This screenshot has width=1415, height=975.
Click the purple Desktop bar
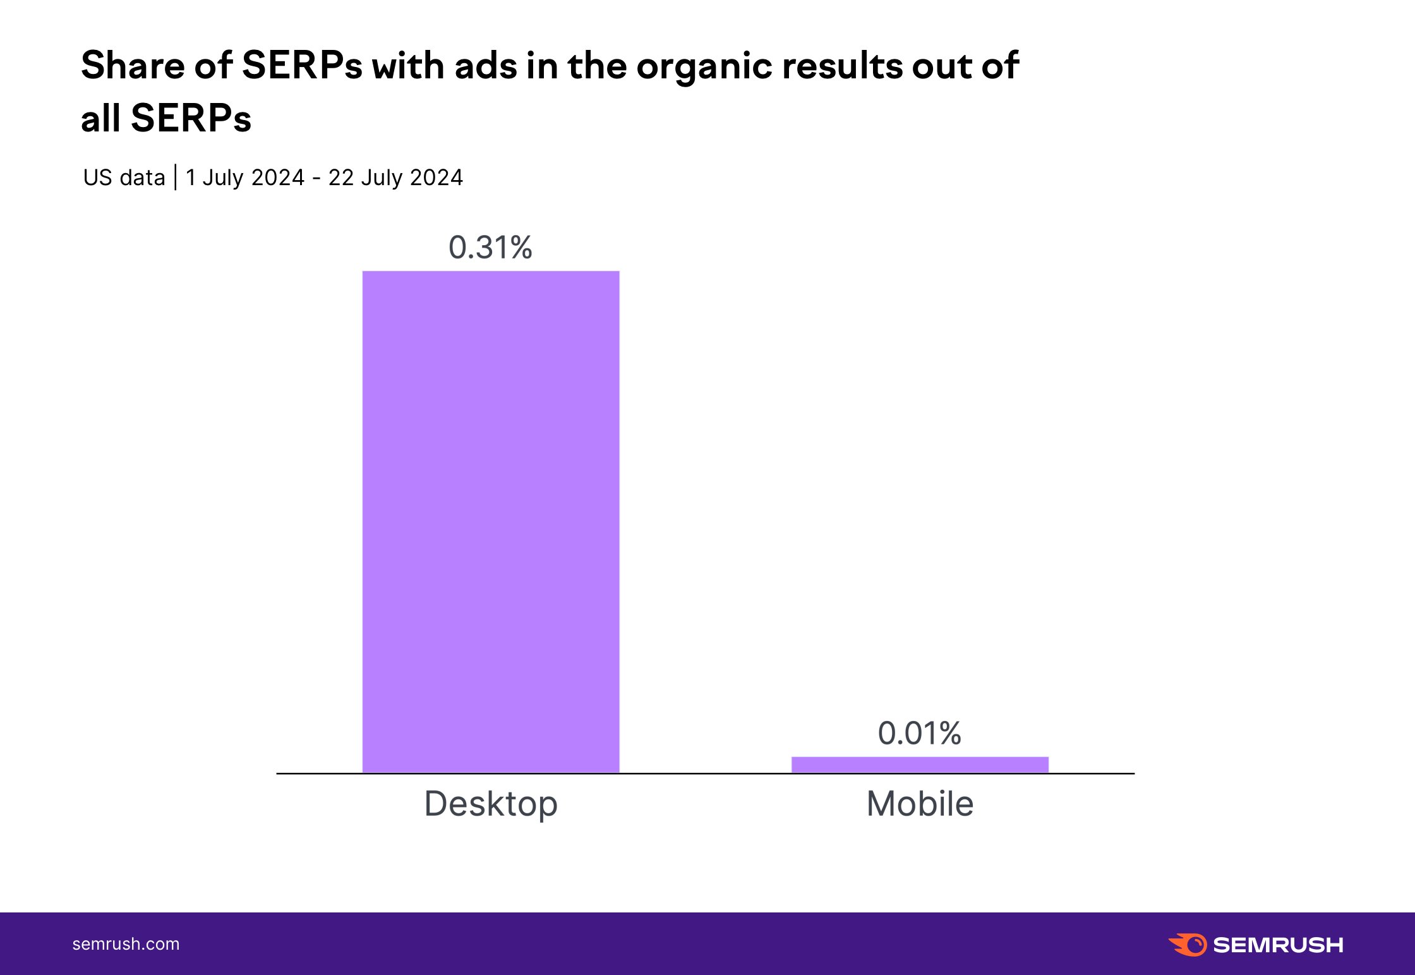pyautogui.click(x=491, y=521)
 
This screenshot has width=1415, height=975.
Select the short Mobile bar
pyautogui.click(x=920, y=765)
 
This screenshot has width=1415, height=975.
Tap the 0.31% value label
pyautogui.click(x=490, y=248)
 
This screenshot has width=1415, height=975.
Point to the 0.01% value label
pyautogui.click(x=920, y=734)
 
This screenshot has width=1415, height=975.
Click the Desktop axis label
pyautogui.click(x=491, y=804)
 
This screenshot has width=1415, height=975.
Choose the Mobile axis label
pyautogui.click(x=920, y=804)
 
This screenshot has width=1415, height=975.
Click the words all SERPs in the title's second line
pyautogui.click(x=166, y=118)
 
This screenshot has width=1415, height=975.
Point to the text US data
pyautogui.click(x=124, y=178)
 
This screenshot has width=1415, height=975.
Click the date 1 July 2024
pyautogui.click(x=245, y=178)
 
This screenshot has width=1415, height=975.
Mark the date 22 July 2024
pyautogui.click(x=395, y=178)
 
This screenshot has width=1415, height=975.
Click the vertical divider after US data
pyautogui.click(x=175, y=177)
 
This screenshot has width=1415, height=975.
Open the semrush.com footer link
pyautogui.click(x=126, y=944)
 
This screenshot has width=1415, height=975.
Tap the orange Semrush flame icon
pyautogui.click(x=1188, y=945)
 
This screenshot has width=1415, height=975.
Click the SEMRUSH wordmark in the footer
pyautogui.click(x=1278, y=945)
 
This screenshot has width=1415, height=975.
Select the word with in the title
pyautogui.click(x=408, y=66)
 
